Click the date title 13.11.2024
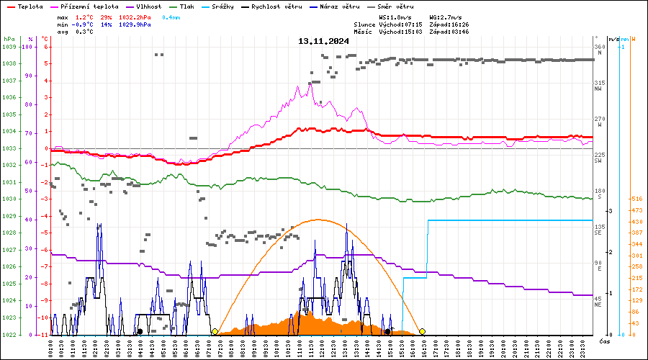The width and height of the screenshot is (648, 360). (323, 41)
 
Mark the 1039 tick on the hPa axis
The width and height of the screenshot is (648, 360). (9, 47)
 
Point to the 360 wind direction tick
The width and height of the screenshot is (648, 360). (599, 47)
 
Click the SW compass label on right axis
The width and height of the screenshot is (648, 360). (598, 161)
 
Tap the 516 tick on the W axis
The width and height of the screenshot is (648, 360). (636, 199)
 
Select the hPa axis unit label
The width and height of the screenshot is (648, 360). (9, 39)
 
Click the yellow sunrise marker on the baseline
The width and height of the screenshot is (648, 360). (215, 332)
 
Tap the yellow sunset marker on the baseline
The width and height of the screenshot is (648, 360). (423, 332)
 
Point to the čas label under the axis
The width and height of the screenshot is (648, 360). (604, 341)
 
